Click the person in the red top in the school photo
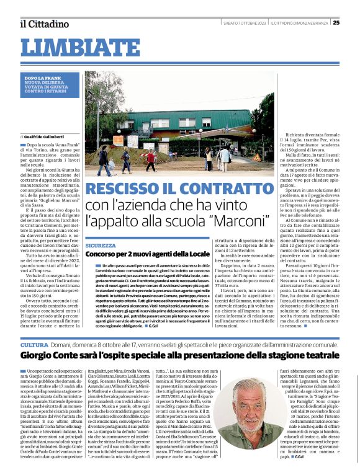click(x=151, y=160)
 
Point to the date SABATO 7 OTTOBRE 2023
click(x=245, y=24)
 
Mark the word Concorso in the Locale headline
click(x=101, y=255)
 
